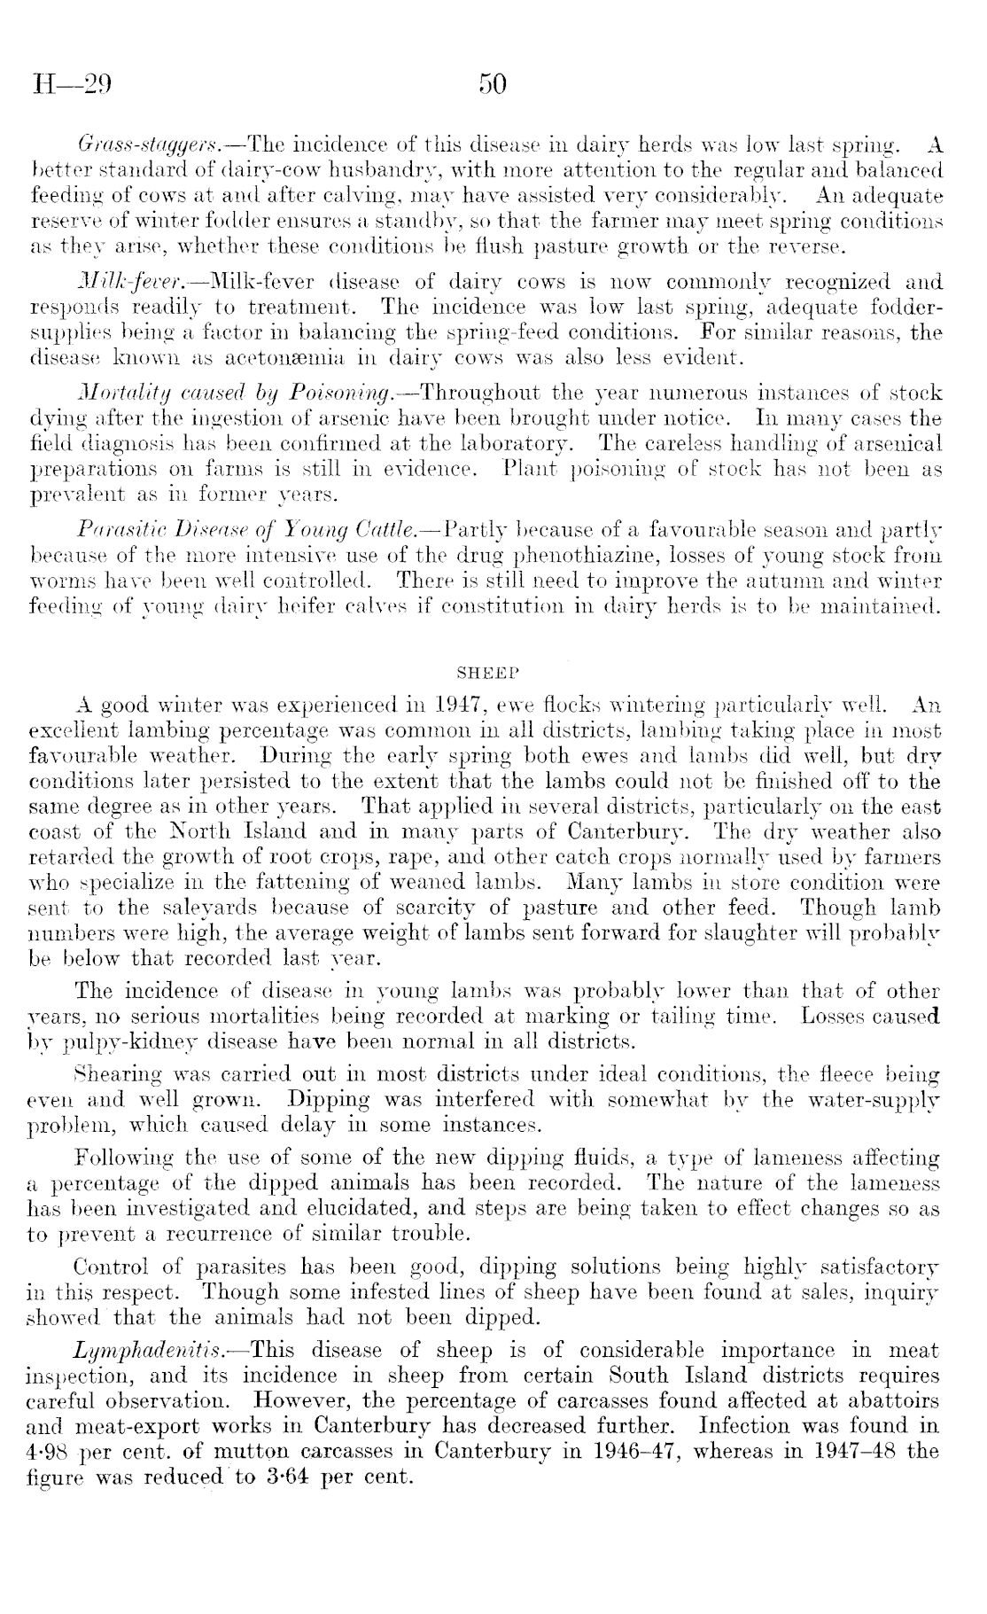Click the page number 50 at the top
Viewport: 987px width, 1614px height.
click(x=492, y=85)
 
